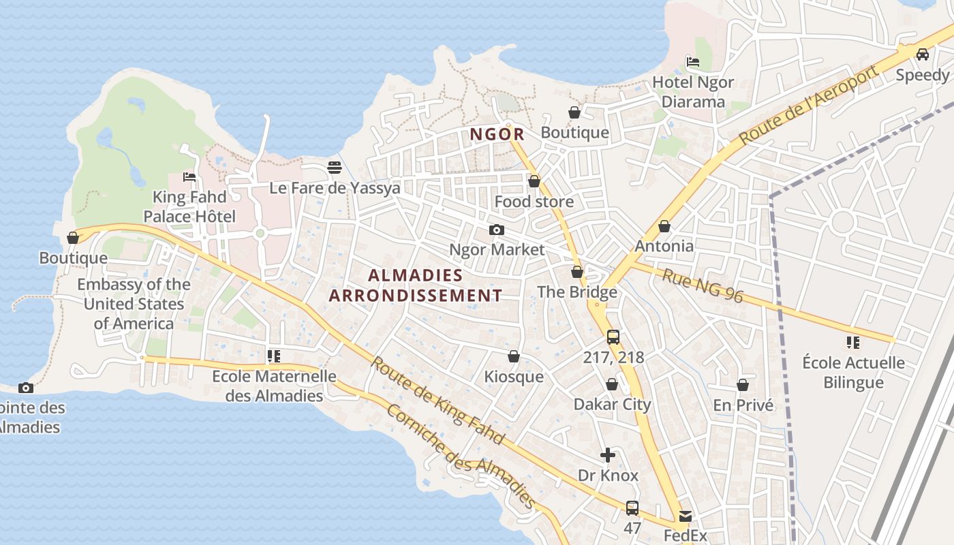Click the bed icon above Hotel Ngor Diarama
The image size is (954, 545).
coord(693,62)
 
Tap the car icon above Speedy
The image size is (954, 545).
coord(923,54)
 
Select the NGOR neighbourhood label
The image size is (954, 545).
coord(497,134)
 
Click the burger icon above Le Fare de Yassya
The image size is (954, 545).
coord(334,167)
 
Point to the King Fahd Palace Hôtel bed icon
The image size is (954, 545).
coord(189,177)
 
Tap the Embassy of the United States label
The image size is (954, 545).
coord(134,304)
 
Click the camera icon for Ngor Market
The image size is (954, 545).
coord(497,230)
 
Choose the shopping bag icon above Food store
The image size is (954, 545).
coord(534,181)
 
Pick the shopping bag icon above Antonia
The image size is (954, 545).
coord(664,226)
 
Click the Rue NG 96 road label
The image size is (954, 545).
coord(702,285)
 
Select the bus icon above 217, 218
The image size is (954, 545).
coord(613,337)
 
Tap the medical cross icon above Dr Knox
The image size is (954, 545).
coord(608,455)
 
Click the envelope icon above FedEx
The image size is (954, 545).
coord(685,516)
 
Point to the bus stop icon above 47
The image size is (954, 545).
coord(632,508)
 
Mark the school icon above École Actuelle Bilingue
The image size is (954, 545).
coord(853,342)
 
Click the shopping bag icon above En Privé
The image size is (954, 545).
coord(743,385)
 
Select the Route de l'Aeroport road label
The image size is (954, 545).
coord(808,105)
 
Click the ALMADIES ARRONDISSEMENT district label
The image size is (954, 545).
coord(416,285)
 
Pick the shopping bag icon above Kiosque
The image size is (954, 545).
coord(514,356)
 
